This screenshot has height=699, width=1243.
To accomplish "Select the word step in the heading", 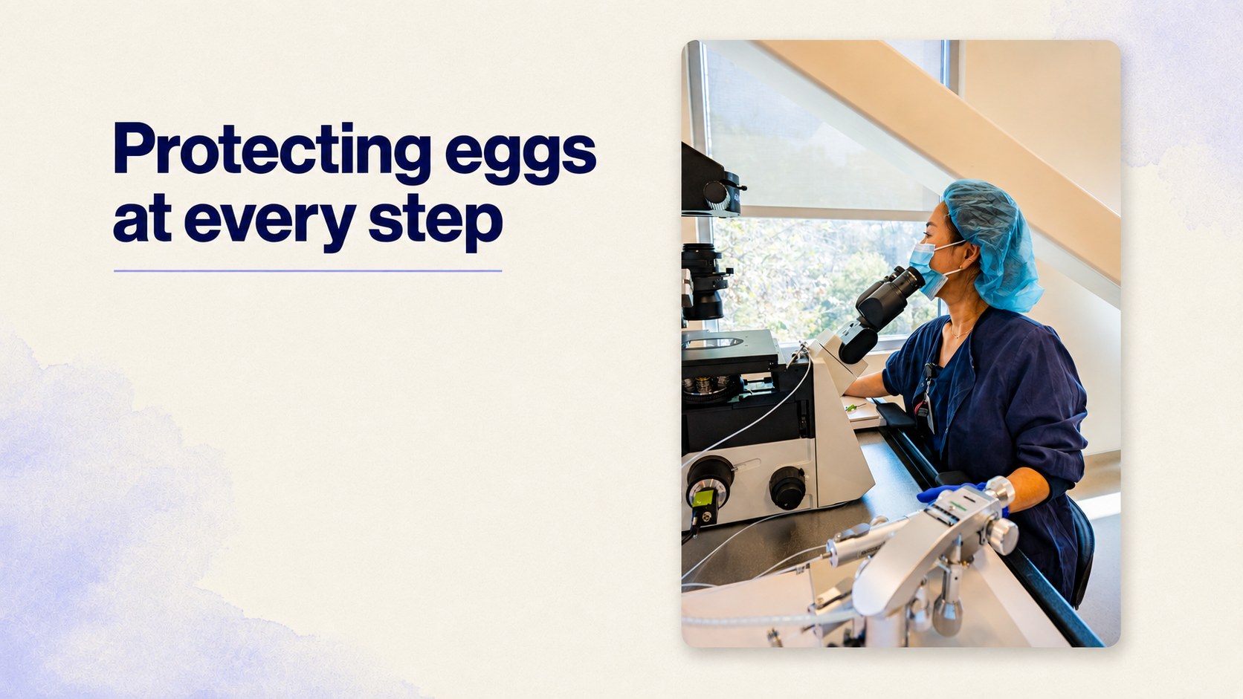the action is tap(436, 221).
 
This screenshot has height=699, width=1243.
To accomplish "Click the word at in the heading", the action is tap(142, 219).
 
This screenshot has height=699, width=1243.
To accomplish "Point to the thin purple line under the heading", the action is tap(308, 271).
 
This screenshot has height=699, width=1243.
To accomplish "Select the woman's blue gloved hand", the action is tap(950, 492).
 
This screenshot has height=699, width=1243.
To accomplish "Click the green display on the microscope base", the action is tap(703, 497).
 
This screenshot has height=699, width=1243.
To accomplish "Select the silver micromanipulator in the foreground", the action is tap(921, 560).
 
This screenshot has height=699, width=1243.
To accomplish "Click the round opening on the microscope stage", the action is tap(713, 342).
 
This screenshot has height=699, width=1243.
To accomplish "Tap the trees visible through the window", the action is tap(821, 277).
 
